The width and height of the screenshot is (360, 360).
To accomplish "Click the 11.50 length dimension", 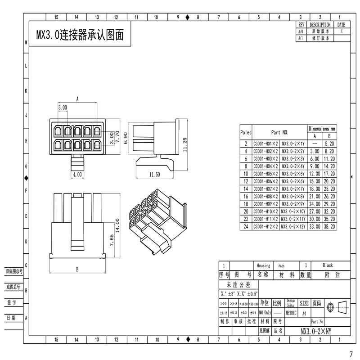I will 154,174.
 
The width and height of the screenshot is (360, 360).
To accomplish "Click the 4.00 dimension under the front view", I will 77,174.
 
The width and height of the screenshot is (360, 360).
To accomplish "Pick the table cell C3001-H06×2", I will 265,180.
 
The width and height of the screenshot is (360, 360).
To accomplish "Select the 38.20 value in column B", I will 329,227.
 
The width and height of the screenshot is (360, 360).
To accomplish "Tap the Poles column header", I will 246,133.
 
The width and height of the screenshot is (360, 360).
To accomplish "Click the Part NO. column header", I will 279,133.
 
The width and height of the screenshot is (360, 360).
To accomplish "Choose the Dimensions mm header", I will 322,128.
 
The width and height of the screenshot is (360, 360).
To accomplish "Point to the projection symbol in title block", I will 337,307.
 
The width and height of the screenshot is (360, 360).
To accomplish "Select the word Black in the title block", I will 328,265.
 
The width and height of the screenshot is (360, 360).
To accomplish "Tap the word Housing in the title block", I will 263,265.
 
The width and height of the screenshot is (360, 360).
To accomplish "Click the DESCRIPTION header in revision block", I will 320,25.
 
